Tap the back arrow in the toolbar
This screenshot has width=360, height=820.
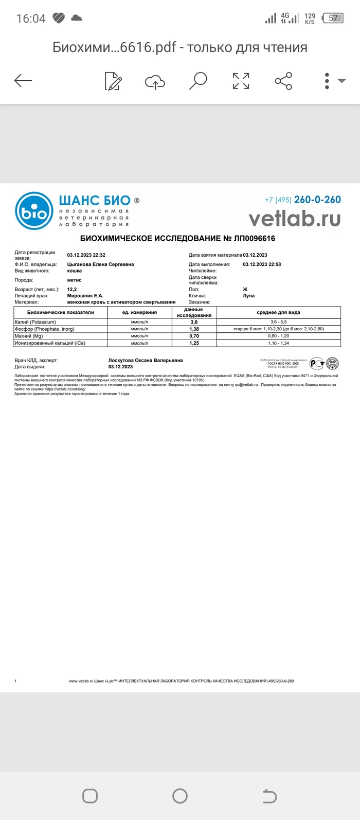[23, 80]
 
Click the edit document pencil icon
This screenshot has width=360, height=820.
[113, 81]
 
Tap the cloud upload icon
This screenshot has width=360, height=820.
[155, 81]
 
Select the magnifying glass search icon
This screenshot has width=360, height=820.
[197, 81]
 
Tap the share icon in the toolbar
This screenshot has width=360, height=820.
[283, 81]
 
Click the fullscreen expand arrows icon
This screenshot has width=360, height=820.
[241, 81]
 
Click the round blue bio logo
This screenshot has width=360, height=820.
[34, 211]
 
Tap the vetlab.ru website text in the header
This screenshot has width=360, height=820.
[295, 219]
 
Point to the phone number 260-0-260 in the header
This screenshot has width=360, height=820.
[317, 200]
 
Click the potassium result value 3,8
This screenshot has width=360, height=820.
[194, 322]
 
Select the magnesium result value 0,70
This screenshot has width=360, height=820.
[194, 336]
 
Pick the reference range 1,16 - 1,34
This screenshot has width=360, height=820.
[278, 343]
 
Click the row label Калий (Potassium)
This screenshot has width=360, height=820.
[35, 322]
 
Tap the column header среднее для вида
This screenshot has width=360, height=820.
[278, 312]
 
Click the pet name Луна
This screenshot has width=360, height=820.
[248, 296]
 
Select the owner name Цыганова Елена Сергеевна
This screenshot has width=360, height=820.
[100, 264]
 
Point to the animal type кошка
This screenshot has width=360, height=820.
[75, 271]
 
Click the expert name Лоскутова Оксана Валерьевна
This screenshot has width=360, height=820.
[146, 361]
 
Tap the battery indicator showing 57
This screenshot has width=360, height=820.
[333, 19]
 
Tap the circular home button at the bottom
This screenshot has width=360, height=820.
[180, 796]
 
